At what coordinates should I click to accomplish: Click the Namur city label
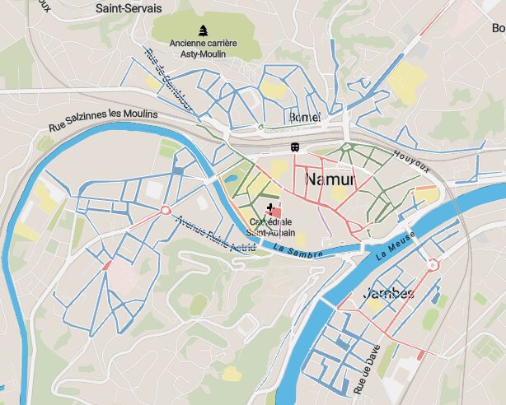pos(330,179)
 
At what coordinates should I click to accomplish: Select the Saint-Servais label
pos(128,8)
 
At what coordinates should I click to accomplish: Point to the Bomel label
pos(304,118)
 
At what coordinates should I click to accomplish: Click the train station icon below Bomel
pos(293,147)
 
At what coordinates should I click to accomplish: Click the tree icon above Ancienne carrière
pos(203,29)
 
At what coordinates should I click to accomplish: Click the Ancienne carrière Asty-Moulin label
pos(204,48)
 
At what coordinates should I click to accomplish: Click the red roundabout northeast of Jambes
pos(432,264)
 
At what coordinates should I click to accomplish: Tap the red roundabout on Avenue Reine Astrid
pos(165,211)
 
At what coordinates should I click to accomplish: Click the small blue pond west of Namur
pos(232,178)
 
